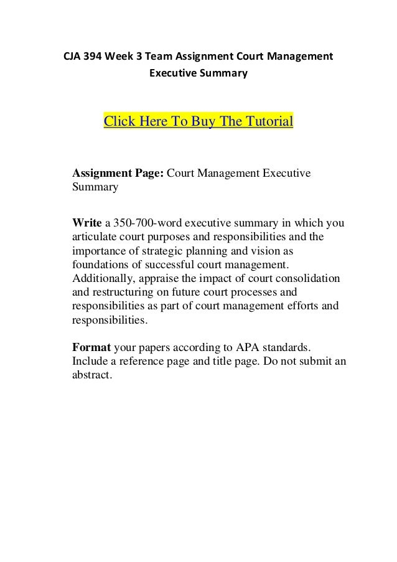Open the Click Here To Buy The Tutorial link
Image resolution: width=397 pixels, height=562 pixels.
tap(198, 120)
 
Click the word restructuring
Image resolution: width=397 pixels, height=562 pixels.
tap(126, 292)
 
